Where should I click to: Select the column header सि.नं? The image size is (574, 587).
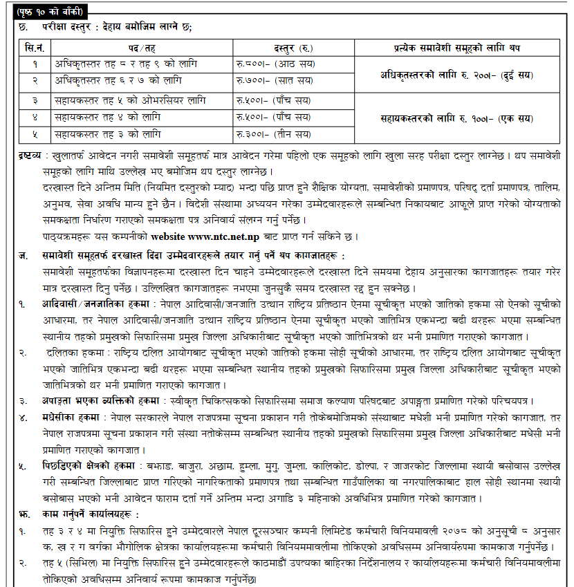pyautogui.click(x=35, y=48)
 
